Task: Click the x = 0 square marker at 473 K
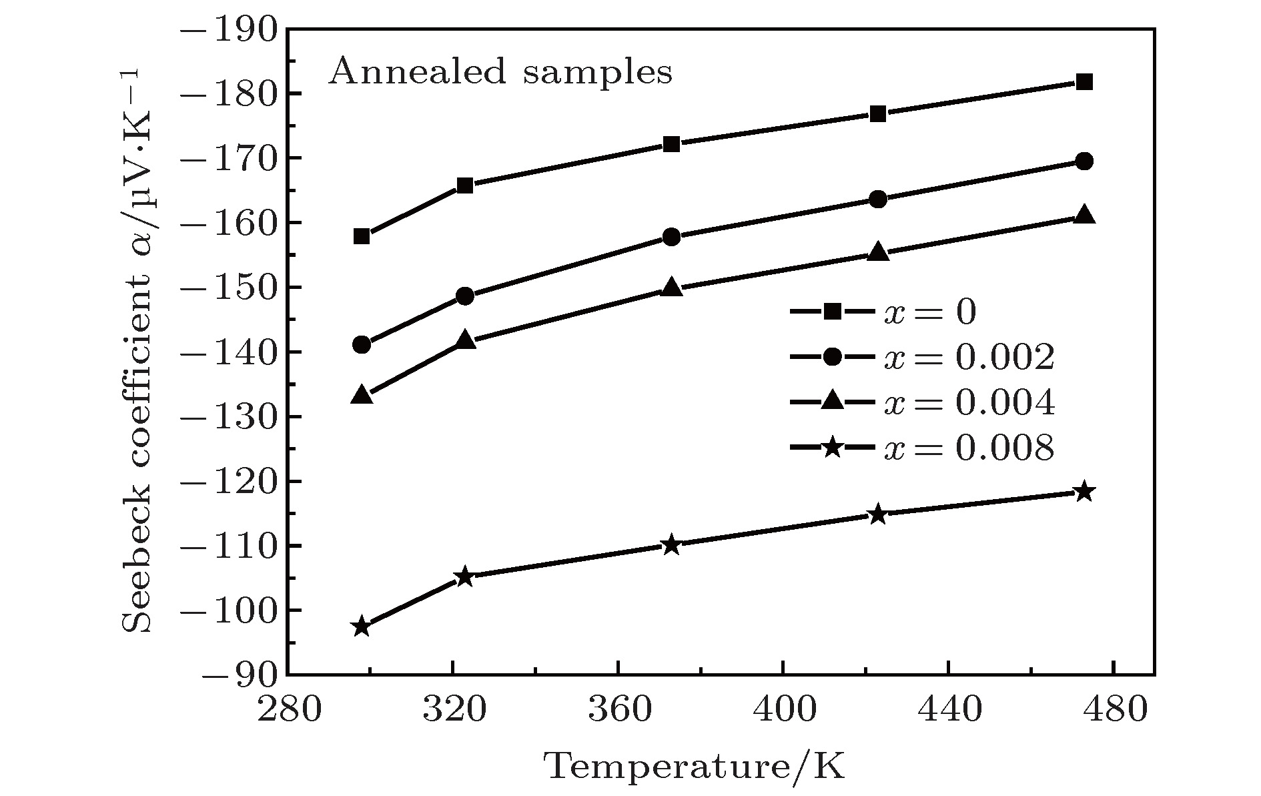1084,82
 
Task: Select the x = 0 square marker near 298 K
362,236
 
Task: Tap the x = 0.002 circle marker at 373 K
672,237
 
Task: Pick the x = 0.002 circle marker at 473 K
1084,161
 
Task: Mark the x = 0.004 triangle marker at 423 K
878,252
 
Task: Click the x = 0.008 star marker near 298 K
362,627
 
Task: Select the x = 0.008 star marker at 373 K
672,545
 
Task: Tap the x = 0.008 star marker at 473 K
1084,492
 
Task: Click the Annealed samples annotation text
500,71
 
